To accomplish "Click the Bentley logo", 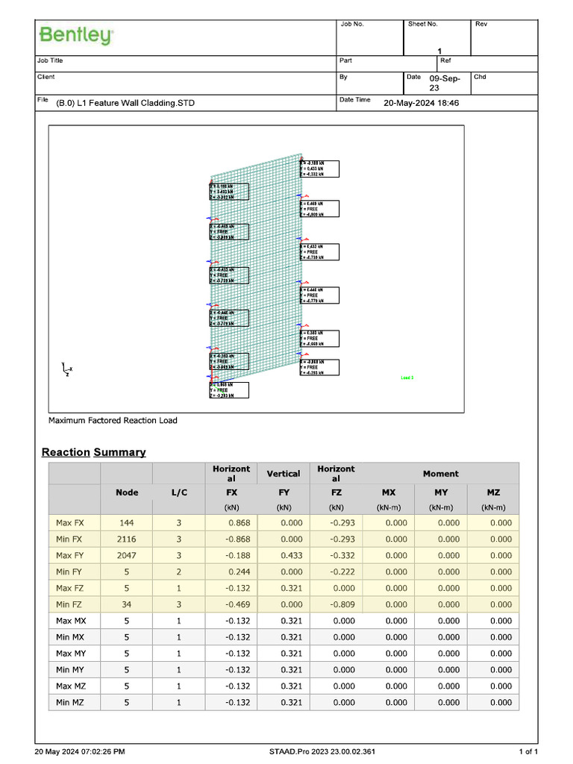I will pyautogui.click(x=76, y=35).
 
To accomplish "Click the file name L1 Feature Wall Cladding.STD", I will pyautogui.click(x=125, y=103).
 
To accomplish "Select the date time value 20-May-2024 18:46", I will pyautogui.click(x=421, y=103).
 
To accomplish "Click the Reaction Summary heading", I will pyautogui.click(x=94, y=452).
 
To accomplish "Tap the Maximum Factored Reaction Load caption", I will pyautogui.click(x=113, y=421).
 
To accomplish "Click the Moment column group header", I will pyautogui.click(x=440, y=474).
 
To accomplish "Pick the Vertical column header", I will pyautogui.click(x=283, y=474).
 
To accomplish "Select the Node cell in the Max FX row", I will pyautogui.click(x=126, y=523).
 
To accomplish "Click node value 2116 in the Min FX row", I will pyautogui.click(x=126, y=539).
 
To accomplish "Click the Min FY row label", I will pyautogui.click(x=69, y=572).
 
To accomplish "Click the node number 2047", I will pyautogui.click(x=126, y=556).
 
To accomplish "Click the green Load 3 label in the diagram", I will pyautogui.click(x=407, y=378).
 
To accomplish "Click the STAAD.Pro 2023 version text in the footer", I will pyautogui.click(x=322, y=751).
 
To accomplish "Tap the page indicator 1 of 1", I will pyautogui.click(x=527, y=751).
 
